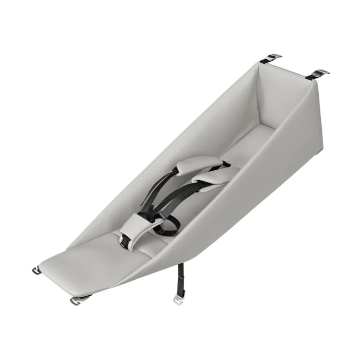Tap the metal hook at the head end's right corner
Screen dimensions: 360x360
point(318,74)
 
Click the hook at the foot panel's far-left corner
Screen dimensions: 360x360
point(38,269)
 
